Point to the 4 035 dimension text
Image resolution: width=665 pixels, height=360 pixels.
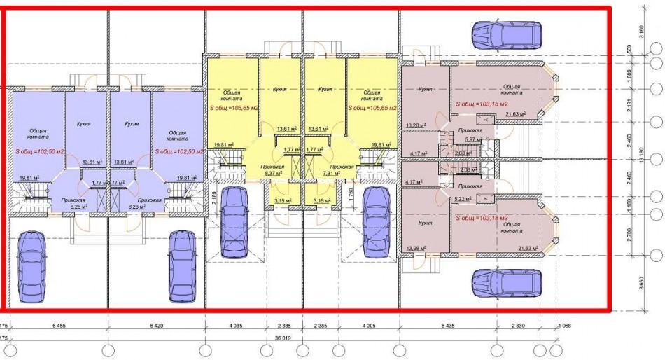pyautogui.click(x=235, y=326)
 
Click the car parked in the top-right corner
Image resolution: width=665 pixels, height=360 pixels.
pyautogui.click(x=506, y=34)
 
